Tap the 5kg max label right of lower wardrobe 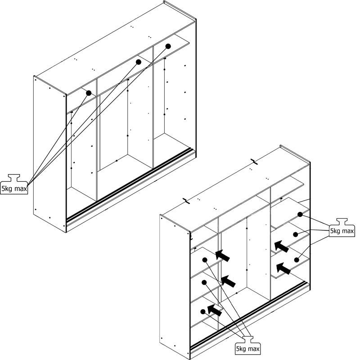click(x=342, y=231)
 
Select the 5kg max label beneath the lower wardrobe click(x=247, y=349)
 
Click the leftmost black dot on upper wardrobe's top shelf click(x=89, y=93)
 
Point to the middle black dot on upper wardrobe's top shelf click(x=139, y=61)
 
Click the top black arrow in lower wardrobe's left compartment click(x=222, y=255)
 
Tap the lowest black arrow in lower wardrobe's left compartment click(x=214, y=310)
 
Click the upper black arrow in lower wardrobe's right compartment click(x=281, y=246)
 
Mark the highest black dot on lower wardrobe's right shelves click(x=300, y=214)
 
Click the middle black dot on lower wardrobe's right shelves click(x=296, y=234)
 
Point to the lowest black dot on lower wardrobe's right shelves click(x=297, y=260)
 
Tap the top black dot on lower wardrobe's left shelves click(x=205, y=260)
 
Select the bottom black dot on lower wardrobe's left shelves click(x=203, y=311)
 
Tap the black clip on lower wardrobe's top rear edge click(x=254, y=162)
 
